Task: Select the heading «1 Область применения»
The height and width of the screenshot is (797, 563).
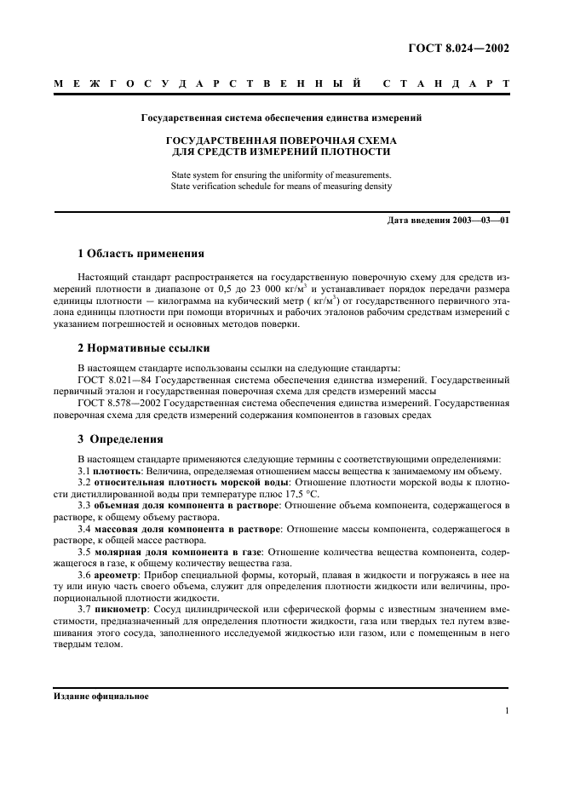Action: (141, 254)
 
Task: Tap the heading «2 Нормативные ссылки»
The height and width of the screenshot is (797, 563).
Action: (144, 347)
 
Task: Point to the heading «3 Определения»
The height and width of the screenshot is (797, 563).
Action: (120, 439)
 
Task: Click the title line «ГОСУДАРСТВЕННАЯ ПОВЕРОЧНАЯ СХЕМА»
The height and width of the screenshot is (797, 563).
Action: (280, 140)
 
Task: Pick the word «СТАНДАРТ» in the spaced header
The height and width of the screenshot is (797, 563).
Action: (446, 85)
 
